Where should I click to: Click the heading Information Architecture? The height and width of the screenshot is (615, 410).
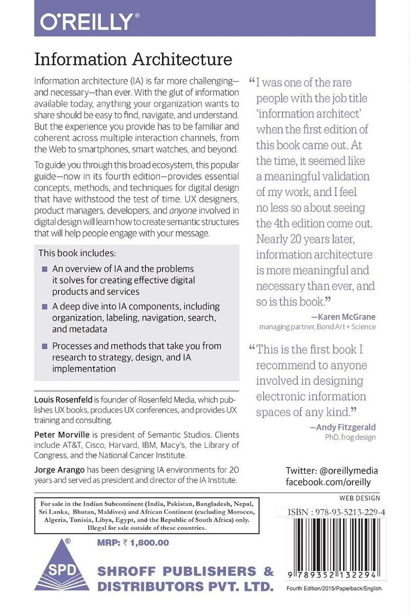[133, 59]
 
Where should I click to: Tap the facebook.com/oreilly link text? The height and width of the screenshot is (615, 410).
[328, 483]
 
